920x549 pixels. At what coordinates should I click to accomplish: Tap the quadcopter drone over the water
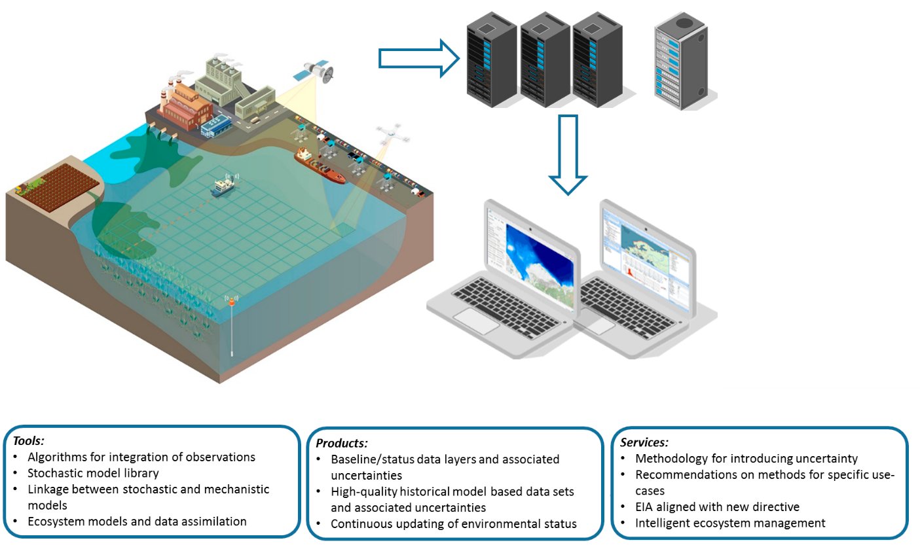click(x=393, y=135)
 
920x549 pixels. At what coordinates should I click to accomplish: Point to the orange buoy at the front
click(x=232, y=302)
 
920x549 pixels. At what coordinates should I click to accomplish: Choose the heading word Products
click(x=340, y=444)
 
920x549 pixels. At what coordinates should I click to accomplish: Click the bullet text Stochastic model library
click(x=93, y=473)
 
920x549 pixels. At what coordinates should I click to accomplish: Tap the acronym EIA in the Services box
click(x=646, y=507)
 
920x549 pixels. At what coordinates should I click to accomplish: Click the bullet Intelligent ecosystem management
click(x=730, y=523)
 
